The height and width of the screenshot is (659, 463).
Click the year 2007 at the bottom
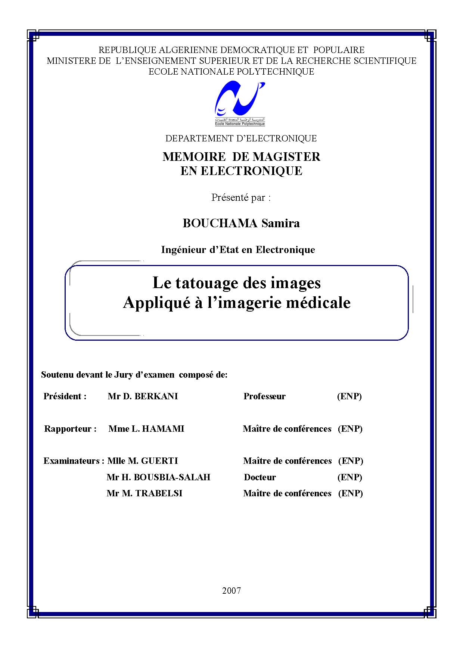(232, 591)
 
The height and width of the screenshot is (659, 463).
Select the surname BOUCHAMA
(220, 223)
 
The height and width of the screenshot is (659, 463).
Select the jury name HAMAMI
(163, 429)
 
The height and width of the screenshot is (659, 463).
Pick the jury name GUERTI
(159, 461)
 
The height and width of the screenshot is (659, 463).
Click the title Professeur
(264, 396)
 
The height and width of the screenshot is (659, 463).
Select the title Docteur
(260, 477)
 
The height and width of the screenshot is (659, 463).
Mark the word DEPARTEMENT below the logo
(199, 138)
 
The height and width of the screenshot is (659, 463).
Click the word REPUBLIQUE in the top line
(127, 50)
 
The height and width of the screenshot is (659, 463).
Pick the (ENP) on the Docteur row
(350, 477)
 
